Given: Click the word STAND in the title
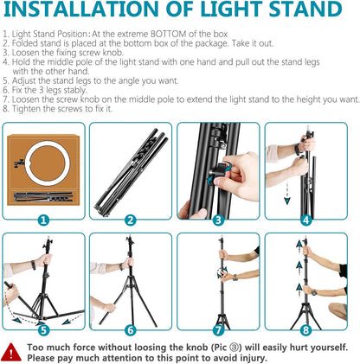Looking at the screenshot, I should [302, 13].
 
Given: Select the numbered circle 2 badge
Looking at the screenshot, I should [131, 219].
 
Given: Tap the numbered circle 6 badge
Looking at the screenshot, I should [131, 329].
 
